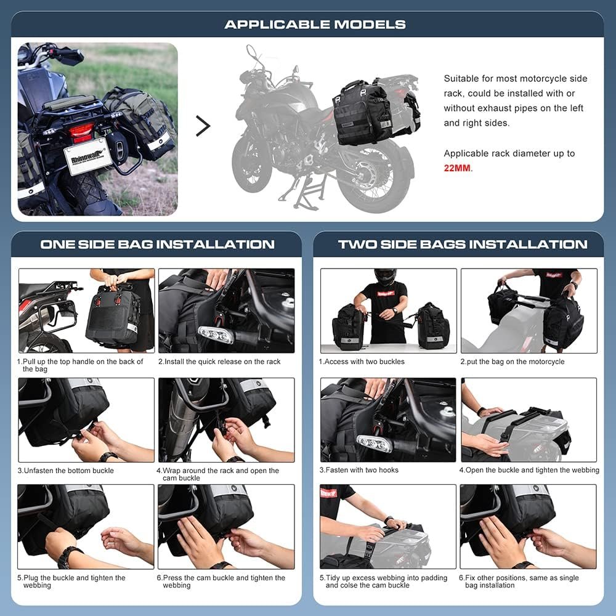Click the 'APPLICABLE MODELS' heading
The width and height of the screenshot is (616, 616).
pos(315,25)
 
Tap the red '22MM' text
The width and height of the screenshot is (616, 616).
pos(457,168)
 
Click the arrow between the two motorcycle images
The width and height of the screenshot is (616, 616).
pos(203,126)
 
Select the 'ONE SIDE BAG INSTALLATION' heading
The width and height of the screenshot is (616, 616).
pos(157,244)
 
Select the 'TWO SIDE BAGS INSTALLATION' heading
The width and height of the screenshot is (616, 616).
pos(463,244)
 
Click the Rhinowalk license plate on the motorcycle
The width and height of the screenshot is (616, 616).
pos(86,156)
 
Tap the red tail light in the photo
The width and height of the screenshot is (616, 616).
pos(81,131)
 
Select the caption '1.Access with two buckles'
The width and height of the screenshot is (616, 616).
pos(362,362)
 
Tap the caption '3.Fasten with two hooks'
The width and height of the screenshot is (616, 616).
pos(359,470)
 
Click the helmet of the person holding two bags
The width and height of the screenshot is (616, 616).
pos(384,277)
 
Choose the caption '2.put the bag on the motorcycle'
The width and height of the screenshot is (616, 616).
pos(512,362)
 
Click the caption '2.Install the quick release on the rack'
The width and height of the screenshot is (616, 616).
pos(219,362)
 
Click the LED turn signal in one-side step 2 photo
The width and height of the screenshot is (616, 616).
pos(215,334)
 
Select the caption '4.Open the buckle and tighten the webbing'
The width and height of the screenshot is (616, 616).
pos(529,470)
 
